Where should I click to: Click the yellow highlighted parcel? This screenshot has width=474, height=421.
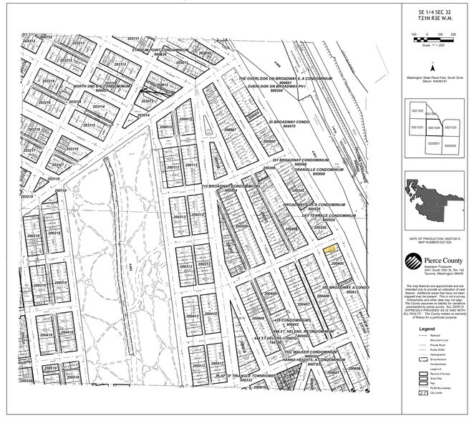(x=329, y=251)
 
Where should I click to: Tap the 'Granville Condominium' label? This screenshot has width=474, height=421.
(x=319, y=170)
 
